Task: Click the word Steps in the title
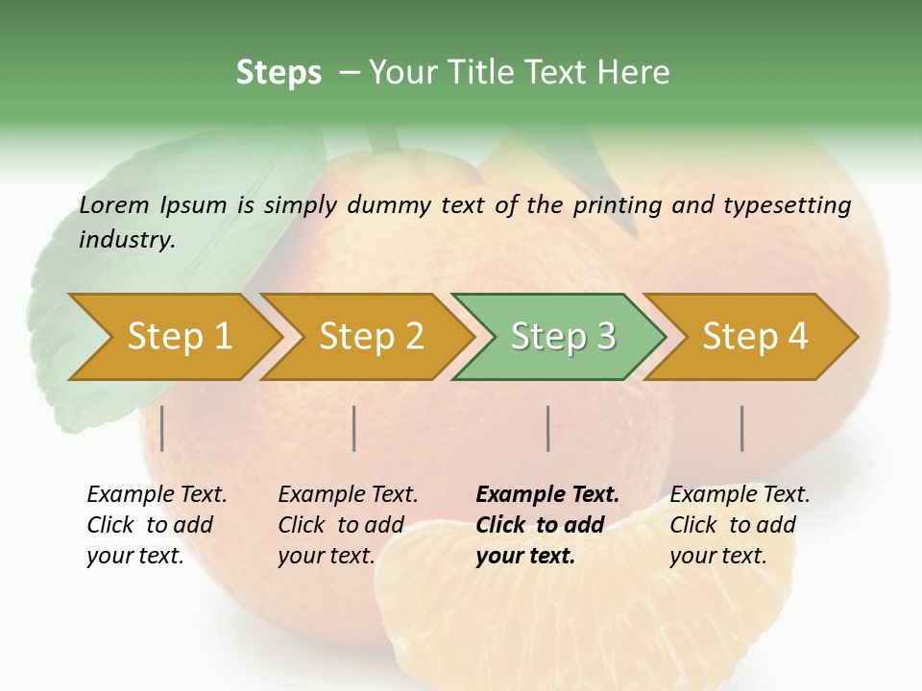pyautogui.click(x=279, y=73)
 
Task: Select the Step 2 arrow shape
pyautogui.click(x=371, y=336)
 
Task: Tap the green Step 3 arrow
pyautogui.click(x=563, y=336)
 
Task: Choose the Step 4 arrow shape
pyautogui.click(x=755, y=336)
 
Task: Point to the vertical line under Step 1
pyautogui.click(x=162, y=428)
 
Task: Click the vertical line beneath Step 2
pyautogui.click(x=355, y=428)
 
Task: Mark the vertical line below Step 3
pyautogui.click(x=548, y=428)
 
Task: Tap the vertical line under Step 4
pyautogui.click(x=742, y=428)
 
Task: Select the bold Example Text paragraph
pyautogui.click(x=547, y=525)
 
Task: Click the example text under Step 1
pyautogui.click(x=157, y=525)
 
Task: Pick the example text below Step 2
pyautogui.click(x=348, y=525)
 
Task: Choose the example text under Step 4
pyautogui.click(x=740, y=525)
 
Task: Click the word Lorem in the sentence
pyautogui.click(x=114, y=205)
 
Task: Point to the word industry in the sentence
pyautogui.click(x=126, y=240)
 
